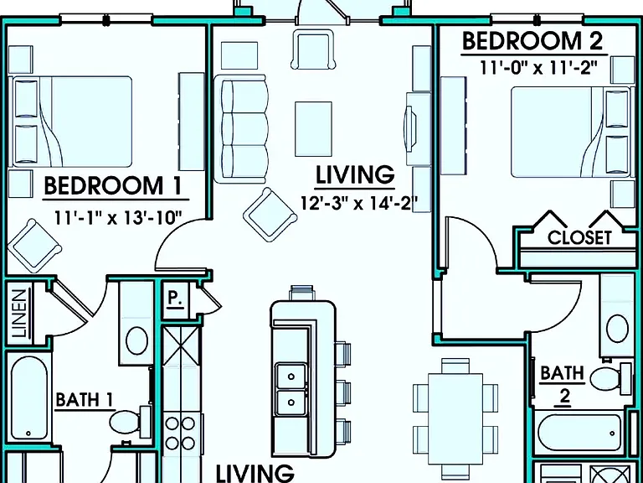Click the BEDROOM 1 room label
(x=112, y=186)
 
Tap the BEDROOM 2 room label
(x=533, y=41)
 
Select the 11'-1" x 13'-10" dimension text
(x=119, y=217)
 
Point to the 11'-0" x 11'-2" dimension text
(x=538, y=67)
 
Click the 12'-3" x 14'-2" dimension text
(x=359, y=203)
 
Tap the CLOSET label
(x=579, y=238)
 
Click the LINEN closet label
(x=19, y=314)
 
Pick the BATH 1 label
(x=85, y=400)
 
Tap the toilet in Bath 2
(x=611, y=378)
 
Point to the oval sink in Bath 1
(x=137, y=341)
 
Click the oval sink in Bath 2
(x=617, y=329)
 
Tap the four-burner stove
(x=181, y=433)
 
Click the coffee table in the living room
(x=313, y=129)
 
